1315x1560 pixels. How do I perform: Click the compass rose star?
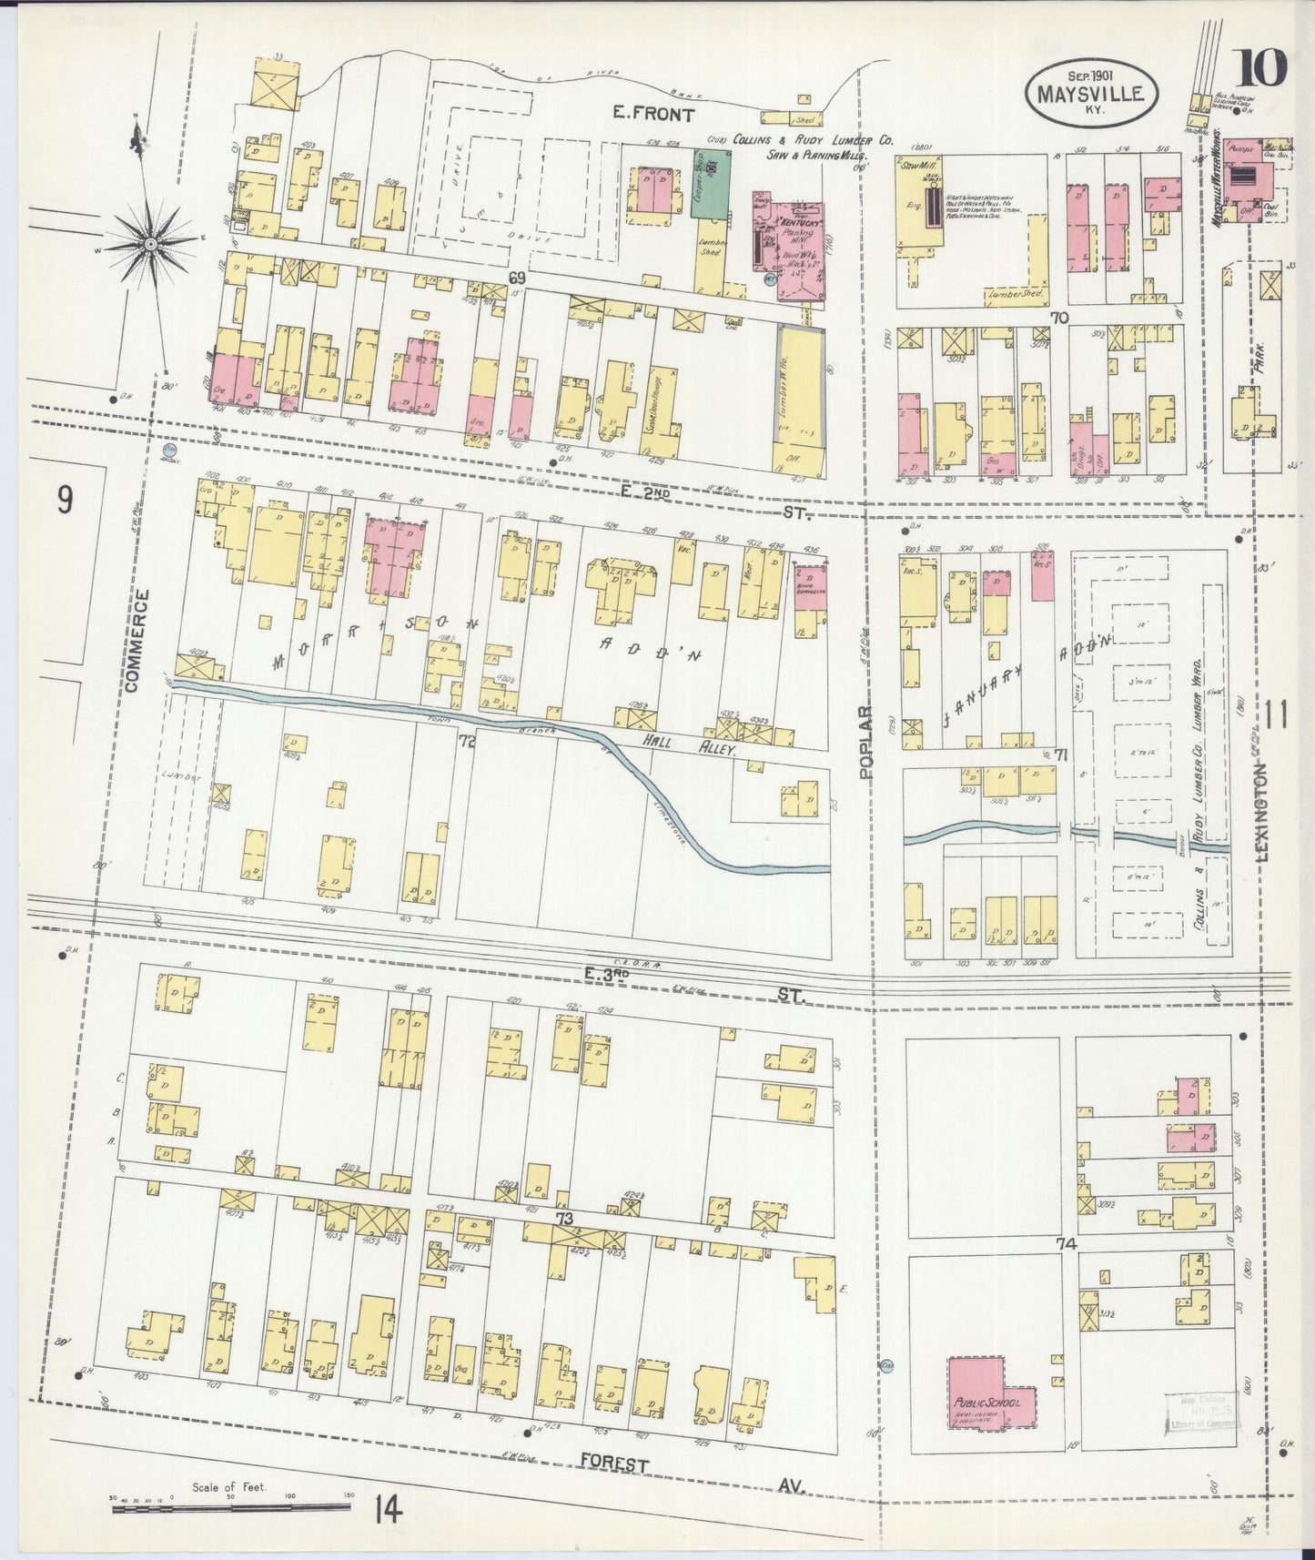tap(150, 242)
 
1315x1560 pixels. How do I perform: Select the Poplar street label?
tap(865, 741)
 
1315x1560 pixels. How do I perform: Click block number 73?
tap(565, 1218)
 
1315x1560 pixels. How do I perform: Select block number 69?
tap(518, 277)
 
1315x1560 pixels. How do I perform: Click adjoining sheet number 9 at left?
tap(64, 501)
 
